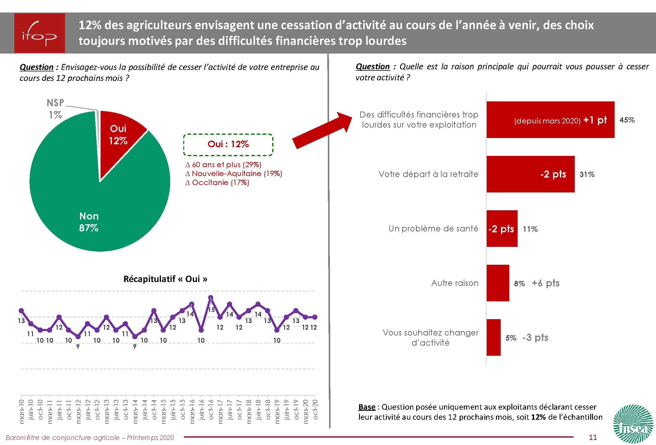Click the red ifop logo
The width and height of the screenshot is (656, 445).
pyautogui.click(x=40, y=33)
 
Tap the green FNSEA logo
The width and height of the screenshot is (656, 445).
pyautogui.click(x=634, y=424)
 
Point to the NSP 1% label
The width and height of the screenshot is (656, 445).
pyautogui.click(x=55, y=109)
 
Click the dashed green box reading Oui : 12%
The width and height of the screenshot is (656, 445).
pyautogui.click(x=228, y=145)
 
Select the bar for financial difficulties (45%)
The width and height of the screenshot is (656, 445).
pyautogui.click(x=550, y=120)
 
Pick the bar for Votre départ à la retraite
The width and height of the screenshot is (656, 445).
pyautogui.click(x=530, y=174)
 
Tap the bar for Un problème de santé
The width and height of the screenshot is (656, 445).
pyautogui.click(x=502, y=228)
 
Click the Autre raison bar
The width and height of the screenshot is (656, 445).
pyautogui.click(x=498, y=283)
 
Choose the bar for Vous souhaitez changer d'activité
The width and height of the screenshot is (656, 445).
pyautogui.click(x=494, y=337)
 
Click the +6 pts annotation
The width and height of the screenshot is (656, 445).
pyautogui.click(x=546, y=283)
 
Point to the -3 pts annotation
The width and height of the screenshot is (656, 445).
pyautogui.click(x=535, y=337)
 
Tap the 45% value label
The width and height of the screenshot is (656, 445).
pyautogui.click(x=627, y=120)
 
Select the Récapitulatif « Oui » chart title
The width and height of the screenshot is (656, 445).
pyautogui.click(x=165, y=279)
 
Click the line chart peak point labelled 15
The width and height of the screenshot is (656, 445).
pyautogui.click(x=211, y=297)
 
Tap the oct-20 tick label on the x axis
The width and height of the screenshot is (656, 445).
pyautogui.click(x=315, y=410)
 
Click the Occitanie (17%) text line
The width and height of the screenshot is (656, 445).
pyautogui.click(x=217, y=183)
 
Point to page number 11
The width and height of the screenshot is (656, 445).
pyautogui.click(x=593, y=437)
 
